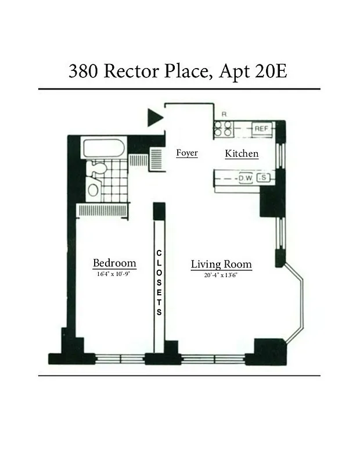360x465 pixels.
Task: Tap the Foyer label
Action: (x=187, y=153)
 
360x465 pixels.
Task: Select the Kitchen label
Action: (x=242, y=154)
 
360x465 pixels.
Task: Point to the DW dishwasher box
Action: (x=245, y=178)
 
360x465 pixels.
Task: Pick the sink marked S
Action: (x=264, y=178)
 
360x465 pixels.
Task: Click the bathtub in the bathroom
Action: (x=104, y=148)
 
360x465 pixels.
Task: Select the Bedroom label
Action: (x=114, y=262)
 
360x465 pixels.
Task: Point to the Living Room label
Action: (x=221, y=265)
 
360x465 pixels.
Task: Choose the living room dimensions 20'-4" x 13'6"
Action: (x=221, y=276)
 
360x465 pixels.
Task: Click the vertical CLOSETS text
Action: (x=160, y=282)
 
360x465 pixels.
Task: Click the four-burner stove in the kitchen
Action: (x=224, y=128)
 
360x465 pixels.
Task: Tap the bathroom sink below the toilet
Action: (x=93, y=189)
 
